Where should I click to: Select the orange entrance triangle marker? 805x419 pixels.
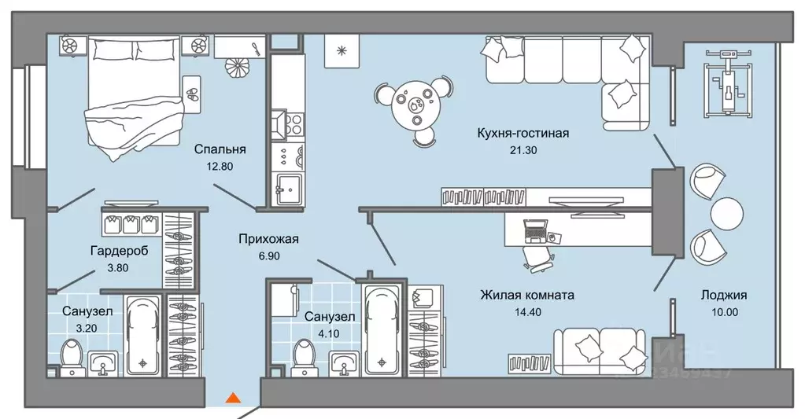[x=233, y=398]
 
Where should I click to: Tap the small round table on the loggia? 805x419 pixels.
[x=726, y=212]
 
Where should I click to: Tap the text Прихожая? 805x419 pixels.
[x=269, y=239]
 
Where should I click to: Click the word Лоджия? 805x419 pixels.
[x=724, y=296]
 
